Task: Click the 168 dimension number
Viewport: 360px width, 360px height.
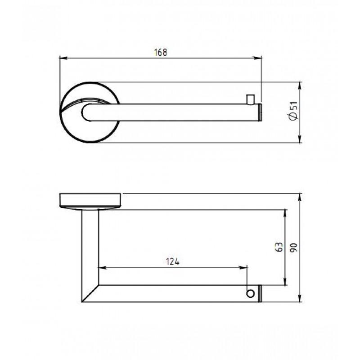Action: pos(161,52)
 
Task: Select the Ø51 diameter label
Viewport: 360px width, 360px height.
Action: pos(294,111)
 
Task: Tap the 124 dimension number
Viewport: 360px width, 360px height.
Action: pos(173,261)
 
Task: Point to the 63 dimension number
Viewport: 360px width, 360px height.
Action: pos(279,247)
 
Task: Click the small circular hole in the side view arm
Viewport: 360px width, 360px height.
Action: pos(250,293)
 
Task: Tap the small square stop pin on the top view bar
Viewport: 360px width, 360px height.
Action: pos(250,99)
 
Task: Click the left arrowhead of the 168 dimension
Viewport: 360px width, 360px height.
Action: pos(63,58)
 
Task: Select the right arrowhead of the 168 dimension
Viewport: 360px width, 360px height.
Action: pos(257,58)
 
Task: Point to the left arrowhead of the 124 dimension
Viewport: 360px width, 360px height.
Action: pos(102,267)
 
